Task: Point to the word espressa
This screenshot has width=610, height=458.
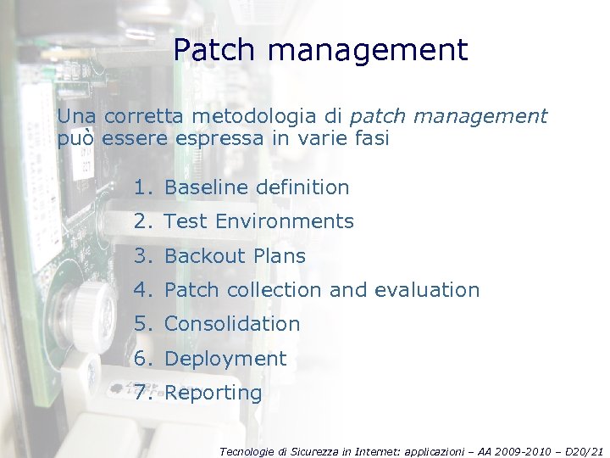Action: click(226, 138)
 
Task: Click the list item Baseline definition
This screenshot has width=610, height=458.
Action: click(257, 187)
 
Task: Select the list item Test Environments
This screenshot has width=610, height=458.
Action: click(258, 221)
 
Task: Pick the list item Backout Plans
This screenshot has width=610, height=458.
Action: click(235, 256)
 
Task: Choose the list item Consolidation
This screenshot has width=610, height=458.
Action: click(232, 324)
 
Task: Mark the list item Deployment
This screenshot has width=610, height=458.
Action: click(225, 359)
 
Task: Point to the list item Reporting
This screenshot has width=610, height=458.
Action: click(213, 394)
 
